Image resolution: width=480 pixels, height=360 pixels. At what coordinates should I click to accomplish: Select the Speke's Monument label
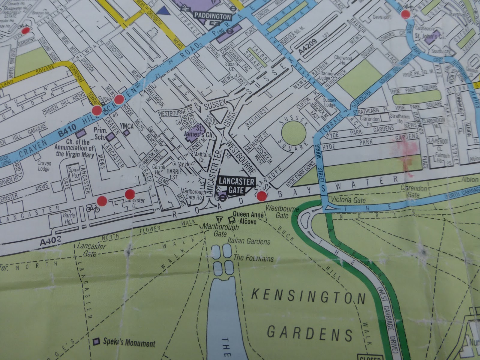coord(129,343)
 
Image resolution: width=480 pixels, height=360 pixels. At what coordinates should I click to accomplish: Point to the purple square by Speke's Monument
coord(97,341)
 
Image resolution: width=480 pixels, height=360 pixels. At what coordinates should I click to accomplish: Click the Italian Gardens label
coord(249,241)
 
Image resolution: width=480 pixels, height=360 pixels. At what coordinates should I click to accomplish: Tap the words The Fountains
coord(253,258)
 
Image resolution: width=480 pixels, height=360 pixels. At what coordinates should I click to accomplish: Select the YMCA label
coord(126,126)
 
